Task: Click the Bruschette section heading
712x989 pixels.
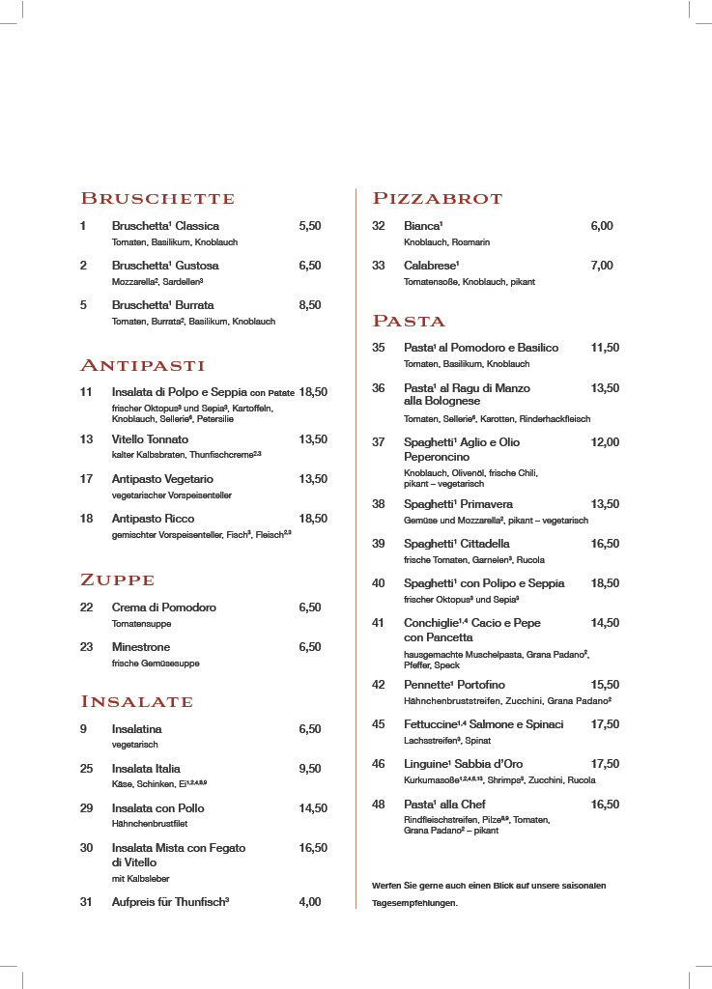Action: tap(157, 199)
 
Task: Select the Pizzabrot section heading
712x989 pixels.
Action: tap(438, 199)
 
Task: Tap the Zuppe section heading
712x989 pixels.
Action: tap(117, 580)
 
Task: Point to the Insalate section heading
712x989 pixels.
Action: tap(136, 701)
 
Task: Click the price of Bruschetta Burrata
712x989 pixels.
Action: tap(310, 305)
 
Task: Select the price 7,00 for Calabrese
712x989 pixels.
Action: tap(602, 266)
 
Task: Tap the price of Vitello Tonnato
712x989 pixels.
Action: tap(313, 439)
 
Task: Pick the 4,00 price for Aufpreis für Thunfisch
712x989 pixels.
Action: tap(310, 902)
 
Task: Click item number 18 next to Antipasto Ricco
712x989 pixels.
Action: tap(86, 519)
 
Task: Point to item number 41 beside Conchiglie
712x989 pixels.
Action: tap(379, 623)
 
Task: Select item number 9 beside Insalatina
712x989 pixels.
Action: tap(83, 729)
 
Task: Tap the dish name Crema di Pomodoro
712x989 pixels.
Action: tap(164, 608)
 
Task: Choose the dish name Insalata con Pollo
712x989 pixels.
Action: tap(158, 808)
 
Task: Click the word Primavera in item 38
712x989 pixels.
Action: tap(486, 504)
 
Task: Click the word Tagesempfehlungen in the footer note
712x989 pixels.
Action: tap(414, 903)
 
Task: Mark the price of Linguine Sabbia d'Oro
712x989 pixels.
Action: tap(605, 764)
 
